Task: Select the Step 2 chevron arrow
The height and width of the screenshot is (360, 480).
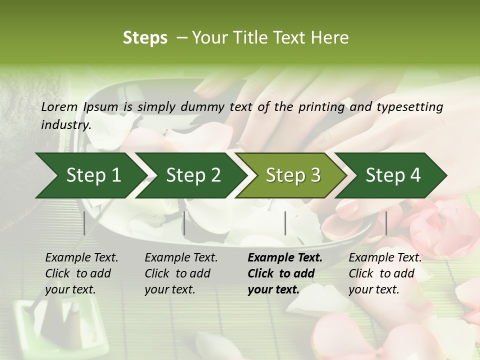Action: pyautogui.click(x=193, y=175)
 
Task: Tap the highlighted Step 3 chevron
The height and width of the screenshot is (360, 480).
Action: pyautogui.click(x=293, y=175)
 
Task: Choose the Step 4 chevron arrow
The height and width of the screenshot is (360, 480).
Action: pyautogui.click(x=393, y=175)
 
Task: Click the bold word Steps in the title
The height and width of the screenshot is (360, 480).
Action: pyautogui.click(x=145, y=38)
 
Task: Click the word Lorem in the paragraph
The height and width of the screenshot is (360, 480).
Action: pyautogui.click(x=59, y=107)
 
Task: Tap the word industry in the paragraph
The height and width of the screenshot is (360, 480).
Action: pyautogui.click(x=65, y=124)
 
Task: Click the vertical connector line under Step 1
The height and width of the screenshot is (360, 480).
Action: pyautogui.click(x=84, y=223)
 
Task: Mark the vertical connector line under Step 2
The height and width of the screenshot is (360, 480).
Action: pyautogui.click(x=184, y=223)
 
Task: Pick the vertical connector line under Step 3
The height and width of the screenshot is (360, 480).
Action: pyautogui.click(x=285, y=223)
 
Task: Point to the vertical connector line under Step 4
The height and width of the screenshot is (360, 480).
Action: pyautogui.click(x=386, y=223)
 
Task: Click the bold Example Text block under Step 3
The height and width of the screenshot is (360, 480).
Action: pyautogui.click(x=285, y=273)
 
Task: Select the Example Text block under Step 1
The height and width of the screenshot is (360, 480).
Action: pyautogui.click(x=81, y=273)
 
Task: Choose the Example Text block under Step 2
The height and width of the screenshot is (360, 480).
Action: pyautogui.click(x=181, y=273)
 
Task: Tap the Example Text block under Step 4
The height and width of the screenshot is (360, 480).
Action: pyautogui.click(x=385, y=273)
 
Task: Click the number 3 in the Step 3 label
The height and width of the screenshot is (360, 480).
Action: pyautogui.click(x=315, y=175)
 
